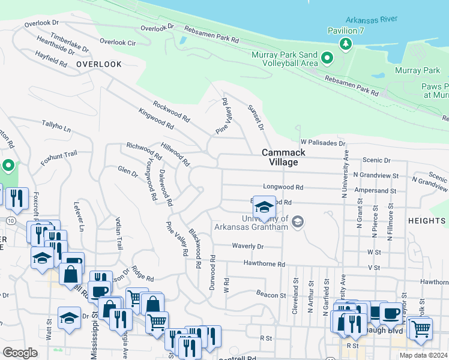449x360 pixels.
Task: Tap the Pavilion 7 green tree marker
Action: coord(345,43)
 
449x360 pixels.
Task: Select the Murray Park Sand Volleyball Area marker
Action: coord(327,58)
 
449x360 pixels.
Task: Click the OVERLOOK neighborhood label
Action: coord(99,64)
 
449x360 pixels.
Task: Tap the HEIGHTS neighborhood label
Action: coord(427,221)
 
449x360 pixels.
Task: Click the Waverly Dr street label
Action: coord(248,246)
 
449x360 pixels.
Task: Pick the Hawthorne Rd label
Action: coord(264,263)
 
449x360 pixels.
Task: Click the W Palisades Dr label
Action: coord(323,143)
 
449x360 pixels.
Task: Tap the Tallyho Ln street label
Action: coord(56,126)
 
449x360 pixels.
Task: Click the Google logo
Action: coord(20,353)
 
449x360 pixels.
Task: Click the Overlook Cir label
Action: coord(118,42)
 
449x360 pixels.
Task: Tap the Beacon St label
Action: coord(271,295)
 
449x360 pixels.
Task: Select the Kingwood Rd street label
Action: coord(155,119)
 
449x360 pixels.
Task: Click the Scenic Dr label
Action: coord(376,161)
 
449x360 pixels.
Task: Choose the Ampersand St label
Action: coord(375,191)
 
